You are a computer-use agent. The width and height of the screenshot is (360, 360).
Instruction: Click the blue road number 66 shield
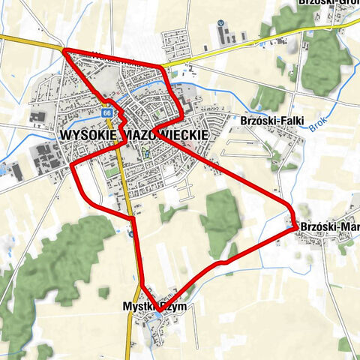click(x=108, y=112)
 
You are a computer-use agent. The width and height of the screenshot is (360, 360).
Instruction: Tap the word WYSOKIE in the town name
click(x=85, y=133)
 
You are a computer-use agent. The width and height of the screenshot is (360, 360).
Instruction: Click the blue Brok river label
click(x=318, y=127)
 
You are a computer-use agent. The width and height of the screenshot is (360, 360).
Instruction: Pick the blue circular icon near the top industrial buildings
click(x=220, y=23)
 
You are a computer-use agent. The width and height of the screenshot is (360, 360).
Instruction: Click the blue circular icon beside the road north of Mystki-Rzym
click(x=131, y=233)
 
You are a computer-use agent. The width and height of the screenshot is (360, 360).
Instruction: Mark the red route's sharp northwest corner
click(x=63, y=50)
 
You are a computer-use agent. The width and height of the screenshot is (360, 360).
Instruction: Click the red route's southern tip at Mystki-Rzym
click(x=157, y=308)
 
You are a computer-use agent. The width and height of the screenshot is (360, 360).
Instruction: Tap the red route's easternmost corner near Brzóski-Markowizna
click(x=295, y=227)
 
